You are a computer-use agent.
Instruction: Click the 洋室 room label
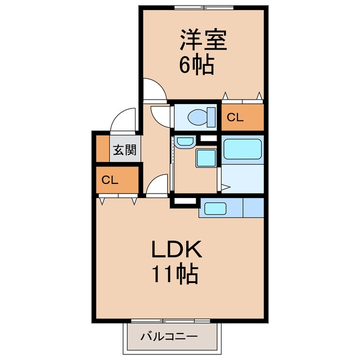(204, 40)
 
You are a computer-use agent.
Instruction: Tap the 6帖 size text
(196, 65)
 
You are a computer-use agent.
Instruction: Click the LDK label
(177, 249)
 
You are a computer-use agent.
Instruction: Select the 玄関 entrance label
(125, 150)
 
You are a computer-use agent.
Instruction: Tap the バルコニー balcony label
(169, 337)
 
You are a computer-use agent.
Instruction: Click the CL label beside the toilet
(235, 118)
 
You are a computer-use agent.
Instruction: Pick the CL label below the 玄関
(110, 180)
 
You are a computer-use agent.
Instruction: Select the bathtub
(242, 149)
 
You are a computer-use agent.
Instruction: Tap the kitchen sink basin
(215, 208)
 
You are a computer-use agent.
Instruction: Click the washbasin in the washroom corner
(184, 141)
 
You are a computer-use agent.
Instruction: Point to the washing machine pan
(206, 158)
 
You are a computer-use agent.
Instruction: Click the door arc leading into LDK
(154, 180)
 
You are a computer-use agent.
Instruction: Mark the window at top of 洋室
(204, 8)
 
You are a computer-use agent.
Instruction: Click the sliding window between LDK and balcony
(170, 321)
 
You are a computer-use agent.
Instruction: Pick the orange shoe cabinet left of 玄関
(102, 148)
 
